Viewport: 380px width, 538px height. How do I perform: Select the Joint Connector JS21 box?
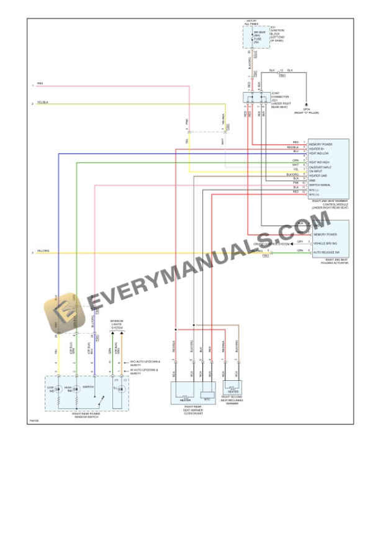(256, 98)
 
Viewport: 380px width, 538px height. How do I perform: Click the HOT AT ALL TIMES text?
(251, 22)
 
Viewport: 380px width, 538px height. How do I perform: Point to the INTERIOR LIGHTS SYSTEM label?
(117, 324)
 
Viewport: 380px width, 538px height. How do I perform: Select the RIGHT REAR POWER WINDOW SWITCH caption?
(86, 415)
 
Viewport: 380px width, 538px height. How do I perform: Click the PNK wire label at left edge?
(40, 83)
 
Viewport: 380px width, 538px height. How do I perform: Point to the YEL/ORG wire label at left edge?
(43, 251)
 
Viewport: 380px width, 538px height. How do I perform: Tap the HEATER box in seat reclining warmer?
(233, 390)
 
